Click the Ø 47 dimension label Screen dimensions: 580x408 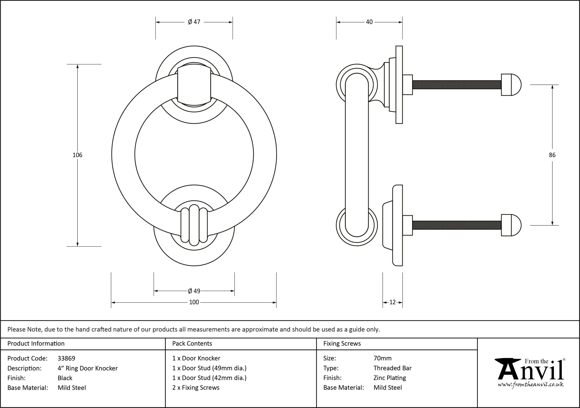click(x=194, y=22)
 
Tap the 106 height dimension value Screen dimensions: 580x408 click(x=77, y=155)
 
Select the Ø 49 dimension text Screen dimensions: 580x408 click(x=194, y=291)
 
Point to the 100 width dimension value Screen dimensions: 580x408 click(x=194, y=302)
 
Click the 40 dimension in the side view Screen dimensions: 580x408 click(x=369, y=22)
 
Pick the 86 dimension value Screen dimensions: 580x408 click(x=552, y=155)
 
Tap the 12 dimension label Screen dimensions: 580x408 click(x=392, y=302)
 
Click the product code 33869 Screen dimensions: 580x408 click(x=66, y=358)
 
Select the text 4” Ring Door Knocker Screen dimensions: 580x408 click(x=88, y=368)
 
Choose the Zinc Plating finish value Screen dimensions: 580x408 click(x=390, y=378)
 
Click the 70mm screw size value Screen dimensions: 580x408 click(x=382, y=358)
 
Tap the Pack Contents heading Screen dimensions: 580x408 click(x=192, y=344)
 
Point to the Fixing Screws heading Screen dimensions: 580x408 click(x=342, y=344)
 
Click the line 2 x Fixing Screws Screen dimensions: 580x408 click(x=196, y=388)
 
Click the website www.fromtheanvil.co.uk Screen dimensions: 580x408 click(x=530, y=385)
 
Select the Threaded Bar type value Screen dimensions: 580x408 click(x=393, y=368)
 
